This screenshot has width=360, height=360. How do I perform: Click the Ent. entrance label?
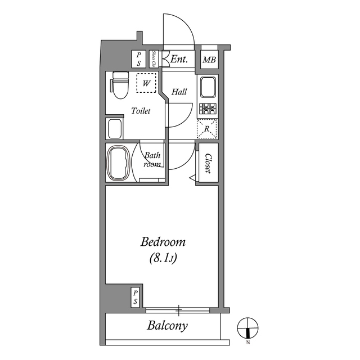[x=179, y=59]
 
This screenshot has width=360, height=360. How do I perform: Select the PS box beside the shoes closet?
[x=139, y=60]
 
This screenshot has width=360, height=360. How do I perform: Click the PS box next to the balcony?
[x=136, y=297]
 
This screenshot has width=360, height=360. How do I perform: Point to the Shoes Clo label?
[x=154, y=59]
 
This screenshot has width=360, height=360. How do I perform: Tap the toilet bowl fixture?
[x=120, y=85]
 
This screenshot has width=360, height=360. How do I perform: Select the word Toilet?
[x=141, y=111]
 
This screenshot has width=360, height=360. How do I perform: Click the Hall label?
[x=179, y=92]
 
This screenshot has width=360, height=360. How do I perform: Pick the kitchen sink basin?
[x=208, y=87]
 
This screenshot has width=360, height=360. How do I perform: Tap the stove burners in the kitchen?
[x=208, y=109]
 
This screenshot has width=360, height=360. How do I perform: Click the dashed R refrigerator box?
[x=208, y=129]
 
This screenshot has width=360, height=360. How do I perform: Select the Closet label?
[x=208, y=163]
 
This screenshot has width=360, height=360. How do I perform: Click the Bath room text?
[x=152, y=160]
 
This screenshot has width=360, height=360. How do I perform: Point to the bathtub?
[x=118, y=163]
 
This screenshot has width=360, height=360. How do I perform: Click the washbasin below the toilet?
[x=115, y=129]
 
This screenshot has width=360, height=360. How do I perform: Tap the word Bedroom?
[x=163, y=243]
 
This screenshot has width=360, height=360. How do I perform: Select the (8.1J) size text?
[x=163, y=259]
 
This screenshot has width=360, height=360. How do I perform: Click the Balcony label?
[x=168, y=325]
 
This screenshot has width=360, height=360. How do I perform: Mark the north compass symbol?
[x=247, y=327]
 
